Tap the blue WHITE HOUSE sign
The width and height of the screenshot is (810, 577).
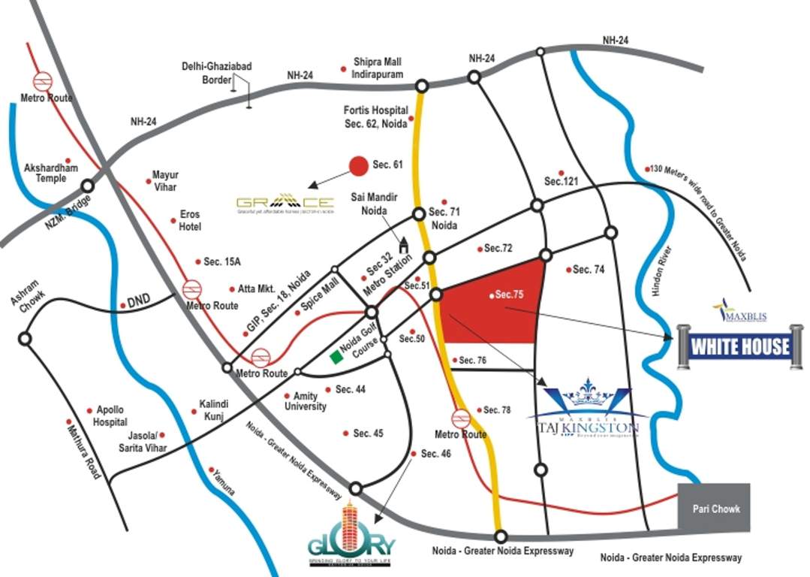(739, 347)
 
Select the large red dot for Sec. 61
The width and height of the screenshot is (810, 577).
(360, 165)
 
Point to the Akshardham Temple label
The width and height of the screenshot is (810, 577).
(46, 173)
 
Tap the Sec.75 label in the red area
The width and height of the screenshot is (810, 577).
(507, 295)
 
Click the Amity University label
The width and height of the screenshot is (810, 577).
(304, 401)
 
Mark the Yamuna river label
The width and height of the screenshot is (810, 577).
(222, 482)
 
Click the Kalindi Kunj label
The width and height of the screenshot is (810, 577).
(208, 410)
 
